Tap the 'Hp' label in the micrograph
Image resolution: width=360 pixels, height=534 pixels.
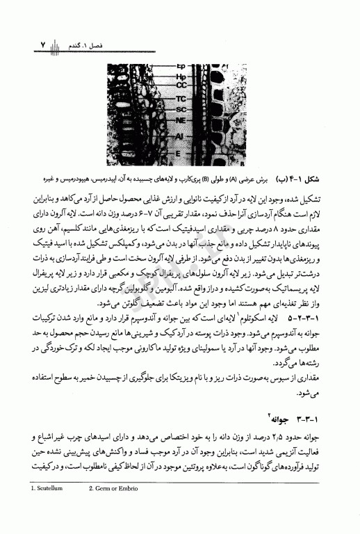(180, 76)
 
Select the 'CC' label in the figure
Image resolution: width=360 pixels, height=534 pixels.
(180, 85)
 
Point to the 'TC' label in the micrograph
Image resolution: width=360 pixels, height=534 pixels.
(180, 98)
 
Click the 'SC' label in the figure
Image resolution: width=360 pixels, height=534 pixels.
(180, 109)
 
